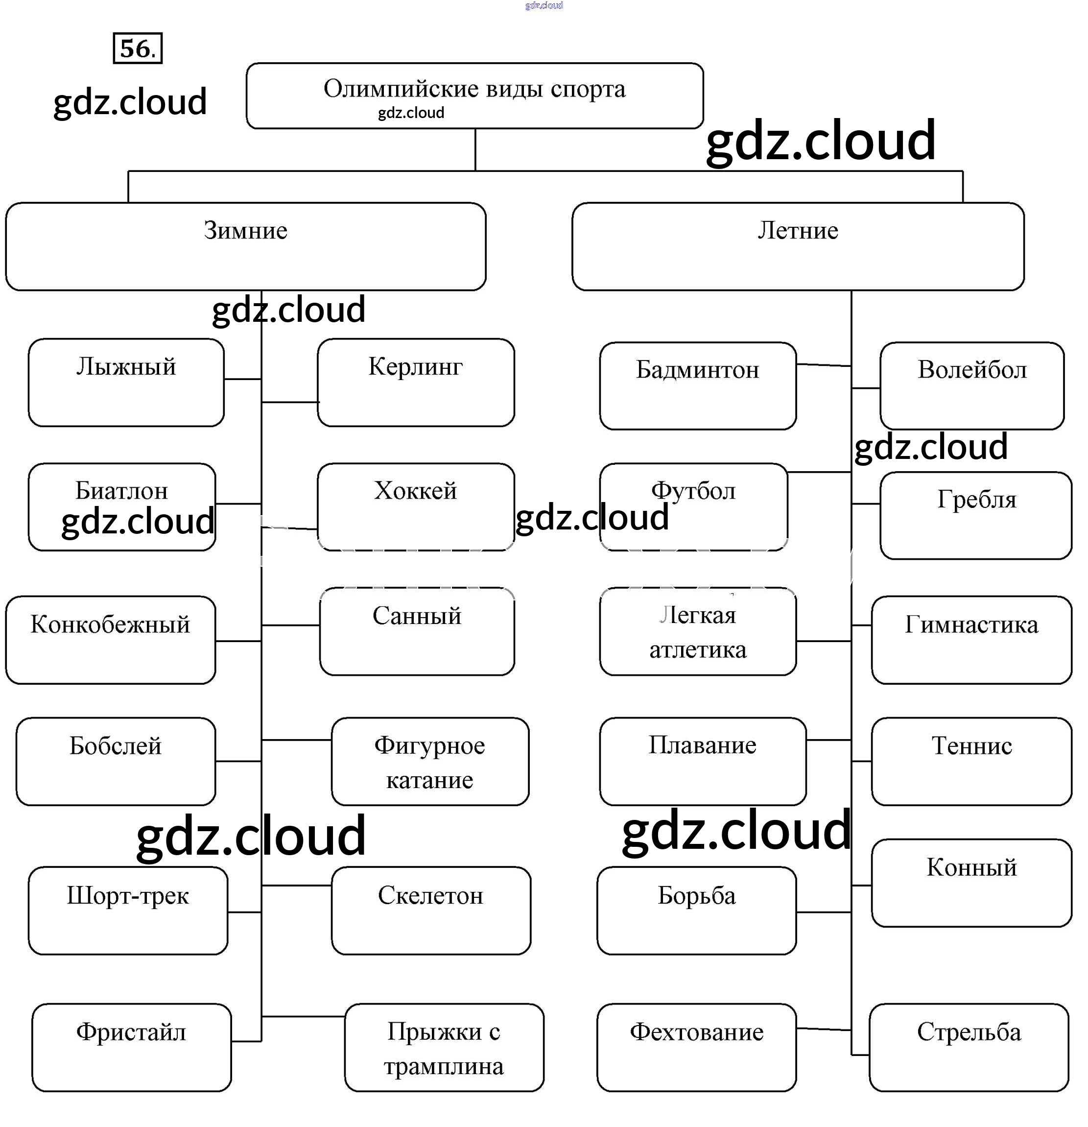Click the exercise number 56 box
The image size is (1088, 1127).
coord(138,48)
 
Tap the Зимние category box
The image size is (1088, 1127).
coord(245,246)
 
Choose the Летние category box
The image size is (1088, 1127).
coord(797,246)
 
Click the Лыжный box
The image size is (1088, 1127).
coord(126,383)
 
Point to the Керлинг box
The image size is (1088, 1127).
coord(416,383)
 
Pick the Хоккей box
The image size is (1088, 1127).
coord(416,506)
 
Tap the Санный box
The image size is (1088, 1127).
coord(417,631)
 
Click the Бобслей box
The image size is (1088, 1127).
coord(116,761)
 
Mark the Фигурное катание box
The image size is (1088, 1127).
coord(430,761)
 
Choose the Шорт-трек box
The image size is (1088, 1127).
coord(128,911)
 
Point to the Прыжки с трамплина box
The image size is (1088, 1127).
coord(444,1048)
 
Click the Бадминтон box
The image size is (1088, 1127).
coord(697,386)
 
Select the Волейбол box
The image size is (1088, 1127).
coord(971,386)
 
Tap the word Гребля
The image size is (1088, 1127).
coord(976,499)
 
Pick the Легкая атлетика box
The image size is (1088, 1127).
coord(697,631)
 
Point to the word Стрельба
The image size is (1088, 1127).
coord(969,1032)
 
